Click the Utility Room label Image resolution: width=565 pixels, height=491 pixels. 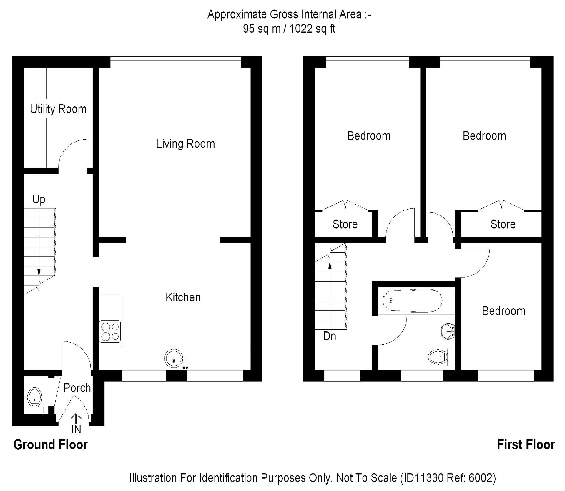[x=58, y=109]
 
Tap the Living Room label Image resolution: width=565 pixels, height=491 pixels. [x=185, y=144]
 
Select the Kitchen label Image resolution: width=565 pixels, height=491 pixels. [x=183, y=297]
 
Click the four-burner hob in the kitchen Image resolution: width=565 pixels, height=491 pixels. [x=110, y=331]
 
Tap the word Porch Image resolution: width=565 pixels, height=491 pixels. [x=77, y=388]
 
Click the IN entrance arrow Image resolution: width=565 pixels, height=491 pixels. [x=76, y=419]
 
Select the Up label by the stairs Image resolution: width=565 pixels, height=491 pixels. [x=39, y=200]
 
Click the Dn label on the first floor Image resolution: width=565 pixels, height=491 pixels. [x=330, y=336]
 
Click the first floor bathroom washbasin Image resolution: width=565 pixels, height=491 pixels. [x=448, y=331]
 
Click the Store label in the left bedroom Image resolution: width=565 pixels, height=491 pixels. [x=345, y=224]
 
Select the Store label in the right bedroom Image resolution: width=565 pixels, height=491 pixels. [x=503, y=224]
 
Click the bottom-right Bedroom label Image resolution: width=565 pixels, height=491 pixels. [x=503, y=311]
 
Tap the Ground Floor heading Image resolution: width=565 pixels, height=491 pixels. [x=51, y=445]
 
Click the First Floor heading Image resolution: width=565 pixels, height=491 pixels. [x=526, y=445]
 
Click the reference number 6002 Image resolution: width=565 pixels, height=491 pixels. [x=479, y=478]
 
